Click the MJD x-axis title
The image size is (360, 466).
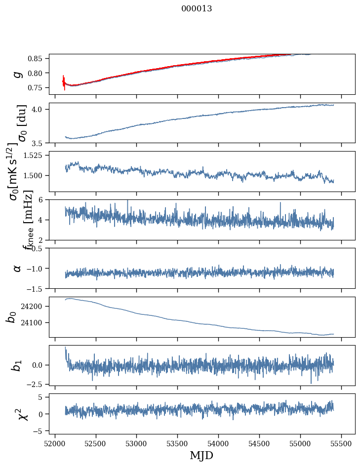click(201, 455)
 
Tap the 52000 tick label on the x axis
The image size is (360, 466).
click(55, 443)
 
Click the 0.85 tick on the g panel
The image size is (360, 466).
click(36, 58)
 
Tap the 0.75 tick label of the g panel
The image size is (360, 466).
click(36, 87)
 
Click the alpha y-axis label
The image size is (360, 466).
click(17, 268)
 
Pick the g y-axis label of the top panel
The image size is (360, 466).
click(18, 74)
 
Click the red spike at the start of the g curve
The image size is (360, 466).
click(64, 82)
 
